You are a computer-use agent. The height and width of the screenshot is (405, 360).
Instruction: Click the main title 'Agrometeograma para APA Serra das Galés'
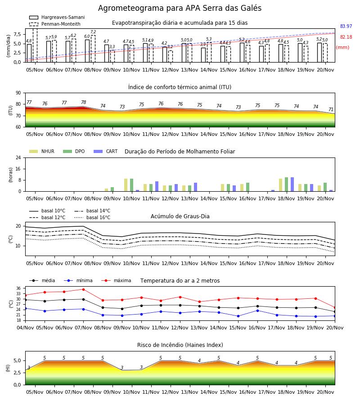pyautogui.click(x=180, y=8)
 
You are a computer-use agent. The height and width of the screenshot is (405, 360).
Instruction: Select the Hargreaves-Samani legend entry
pyautogui.click(x=57, y=17)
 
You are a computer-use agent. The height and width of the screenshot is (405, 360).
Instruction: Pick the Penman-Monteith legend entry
pyautogui.click(x=55, y=24)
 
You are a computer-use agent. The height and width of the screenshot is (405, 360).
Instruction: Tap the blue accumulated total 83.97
pyautogui.click(x=346, y=26)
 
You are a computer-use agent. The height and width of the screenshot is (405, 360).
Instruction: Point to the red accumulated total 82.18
pyautogui.click(x=346, y=37)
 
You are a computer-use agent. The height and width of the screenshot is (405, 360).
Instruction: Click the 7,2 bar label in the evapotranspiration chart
pyautogui.click(x=93, y=32)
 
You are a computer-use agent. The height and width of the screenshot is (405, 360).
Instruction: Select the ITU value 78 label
pyautogui.click(x=83, y=102)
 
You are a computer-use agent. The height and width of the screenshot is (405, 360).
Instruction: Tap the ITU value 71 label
pyautogui.click(x=331, y=109)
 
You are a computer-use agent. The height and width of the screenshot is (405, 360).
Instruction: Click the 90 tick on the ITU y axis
pyautogui.click(x=18, y=93)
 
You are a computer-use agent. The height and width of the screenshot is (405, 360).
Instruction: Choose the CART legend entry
pyautogui.click(x=106, y=151)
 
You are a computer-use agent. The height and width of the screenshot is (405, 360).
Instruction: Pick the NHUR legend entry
pyautogui.click(x=42, y=151)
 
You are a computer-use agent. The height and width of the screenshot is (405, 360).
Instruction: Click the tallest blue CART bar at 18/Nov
pyautogui.click(x=292, y=184)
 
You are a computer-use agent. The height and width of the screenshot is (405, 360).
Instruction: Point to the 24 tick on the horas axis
pyautogui.click(x=18, y=158)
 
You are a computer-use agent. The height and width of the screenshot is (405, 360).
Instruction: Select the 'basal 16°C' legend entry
pyautogui.click(x=92, y=218)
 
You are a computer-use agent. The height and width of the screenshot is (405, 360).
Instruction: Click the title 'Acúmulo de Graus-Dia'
pyautogui.click(x=180, y=216)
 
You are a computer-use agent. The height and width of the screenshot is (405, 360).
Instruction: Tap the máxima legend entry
pyautogui.click(x=117, y=280)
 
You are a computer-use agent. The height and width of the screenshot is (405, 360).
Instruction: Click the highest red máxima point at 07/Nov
pyautogui.click(x=83, y=289)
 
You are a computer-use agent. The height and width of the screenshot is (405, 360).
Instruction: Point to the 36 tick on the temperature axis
pyautogui.click(x=18, y=288)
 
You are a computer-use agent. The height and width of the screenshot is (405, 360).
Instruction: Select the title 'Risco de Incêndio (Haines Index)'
pyautogui.click(x=180, y=345)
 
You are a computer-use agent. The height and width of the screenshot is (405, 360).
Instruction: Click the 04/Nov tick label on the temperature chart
pyautogui.click(x=25, y=328)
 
